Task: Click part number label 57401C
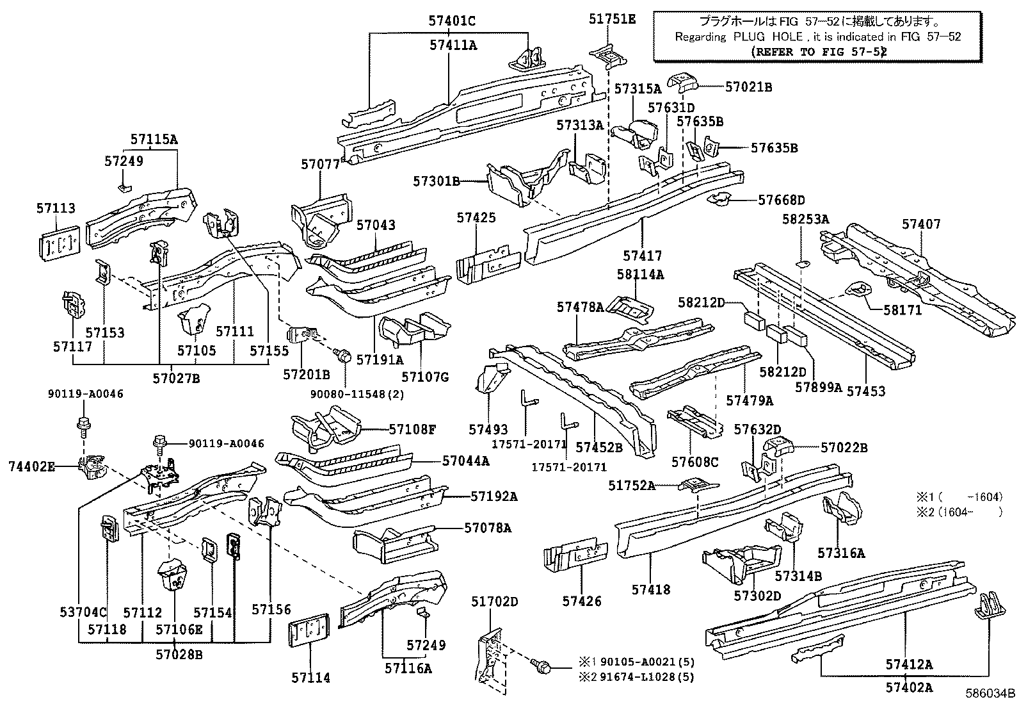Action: pos(452,21)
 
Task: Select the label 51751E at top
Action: pos(612,19)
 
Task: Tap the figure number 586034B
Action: pos(991,692)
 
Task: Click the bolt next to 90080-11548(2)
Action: pos(344,355)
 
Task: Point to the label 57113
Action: pos(56,208)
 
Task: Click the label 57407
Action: pos(921,224)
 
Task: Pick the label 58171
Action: pos(903,310)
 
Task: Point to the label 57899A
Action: pos(818,387)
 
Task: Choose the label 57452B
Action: pos(598,447)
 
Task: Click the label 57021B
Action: pos(748,86)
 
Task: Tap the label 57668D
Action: pos(781,201)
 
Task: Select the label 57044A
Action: pos(465,460)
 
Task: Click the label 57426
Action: pos(582,601)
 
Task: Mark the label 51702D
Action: pos(495,601)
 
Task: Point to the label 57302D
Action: pos(757,596)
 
